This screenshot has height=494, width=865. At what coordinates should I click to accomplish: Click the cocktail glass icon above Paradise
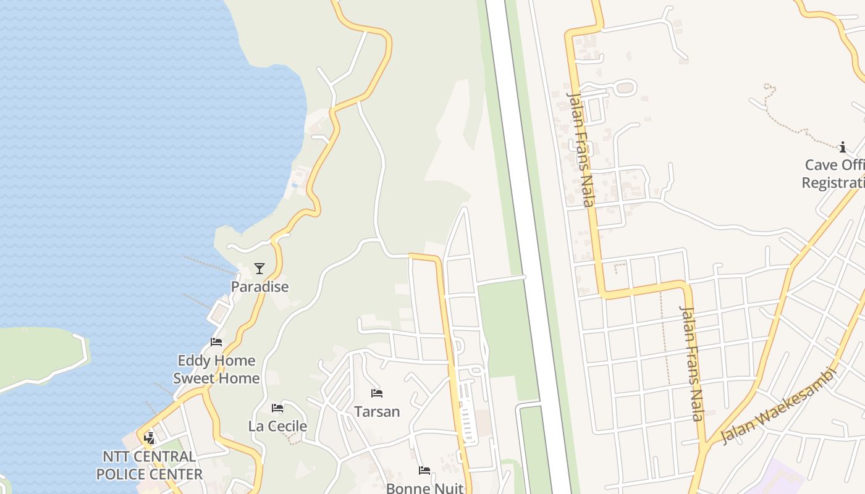coord(259,268)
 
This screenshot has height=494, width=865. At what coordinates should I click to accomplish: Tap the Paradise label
coord(259,287)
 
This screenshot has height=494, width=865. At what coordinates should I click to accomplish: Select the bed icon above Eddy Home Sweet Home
coord(216,341)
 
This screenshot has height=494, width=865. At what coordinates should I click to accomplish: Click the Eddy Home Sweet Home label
coord(216,369)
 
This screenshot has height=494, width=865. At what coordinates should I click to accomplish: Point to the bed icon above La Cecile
coord(277,408)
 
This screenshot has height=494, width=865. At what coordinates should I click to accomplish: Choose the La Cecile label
coord(277,426)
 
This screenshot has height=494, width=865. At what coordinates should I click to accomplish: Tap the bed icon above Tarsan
coord(377,393)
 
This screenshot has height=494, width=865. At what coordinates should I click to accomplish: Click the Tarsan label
coord(377,411)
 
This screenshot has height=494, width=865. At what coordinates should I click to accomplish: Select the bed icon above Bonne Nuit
coord(424,471)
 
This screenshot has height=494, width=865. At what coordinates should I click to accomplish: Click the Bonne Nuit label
coord(424,488)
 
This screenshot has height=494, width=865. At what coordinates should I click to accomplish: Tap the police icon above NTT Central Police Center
coord(149,438)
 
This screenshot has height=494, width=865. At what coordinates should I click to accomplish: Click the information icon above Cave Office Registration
coord(842,147)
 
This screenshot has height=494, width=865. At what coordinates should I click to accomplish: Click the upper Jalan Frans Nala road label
coord(581,148)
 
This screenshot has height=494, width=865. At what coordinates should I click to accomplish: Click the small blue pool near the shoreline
coord(295,185)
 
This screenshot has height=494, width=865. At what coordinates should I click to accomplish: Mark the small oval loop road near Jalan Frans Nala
coord(625,88)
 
